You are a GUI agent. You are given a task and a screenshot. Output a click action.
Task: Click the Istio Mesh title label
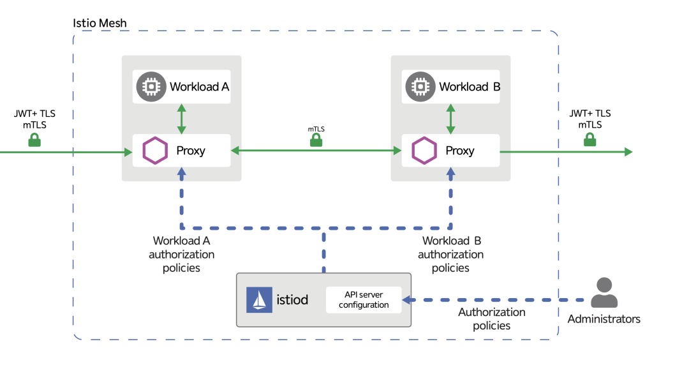[100, 24]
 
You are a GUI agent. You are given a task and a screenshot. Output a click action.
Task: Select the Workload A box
[182, 87]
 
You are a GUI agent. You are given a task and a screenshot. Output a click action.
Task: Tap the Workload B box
[451, 87]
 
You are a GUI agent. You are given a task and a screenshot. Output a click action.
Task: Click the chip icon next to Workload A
[151, 86]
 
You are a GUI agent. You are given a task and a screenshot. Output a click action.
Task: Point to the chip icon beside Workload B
[420, 86]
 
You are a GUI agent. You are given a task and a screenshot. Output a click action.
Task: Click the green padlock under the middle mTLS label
[316, 140]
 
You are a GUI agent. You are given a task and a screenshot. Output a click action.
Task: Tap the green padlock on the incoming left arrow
[34, 140]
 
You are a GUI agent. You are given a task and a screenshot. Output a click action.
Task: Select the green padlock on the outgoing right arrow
[590, 140]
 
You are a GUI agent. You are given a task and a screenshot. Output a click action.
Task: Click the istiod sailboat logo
[259, 299]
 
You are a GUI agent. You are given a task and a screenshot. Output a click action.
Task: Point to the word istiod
[293, 299]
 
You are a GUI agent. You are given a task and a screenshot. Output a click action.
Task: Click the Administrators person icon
[604, 294]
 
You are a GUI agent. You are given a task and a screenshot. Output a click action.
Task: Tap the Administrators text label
[604, 319]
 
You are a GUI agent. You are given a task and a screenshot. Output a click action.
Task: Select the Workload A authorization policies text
[182, 254]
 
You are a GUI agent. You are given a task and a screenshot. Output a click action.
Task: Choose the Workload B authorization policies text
[451, 254]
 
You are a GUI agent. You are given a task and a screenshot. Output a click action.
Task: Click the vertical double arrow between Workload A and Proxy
[182, 119]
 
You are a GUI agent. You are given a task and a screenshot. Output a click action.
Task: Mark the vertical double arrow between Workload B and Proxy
[451, 119]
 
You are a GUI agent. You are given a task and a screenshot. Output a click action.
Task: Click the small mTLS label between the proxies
[316, 129]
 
